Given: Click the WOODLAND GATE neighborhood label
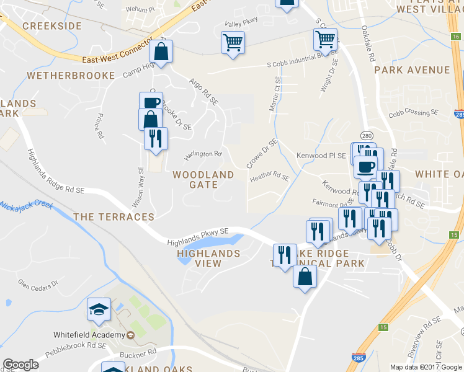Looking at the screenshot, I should click(x=203, y=180).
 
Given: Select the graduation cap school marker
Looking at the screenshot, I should click(x=98, y=310).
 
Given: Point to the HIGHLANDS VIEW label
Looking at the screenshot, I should click(x=208, y=258).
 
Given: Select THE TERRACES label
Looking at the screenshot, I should click(x=114, y=217).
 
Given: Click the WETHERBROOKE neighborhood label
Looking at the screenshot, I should click(x=71, y=76).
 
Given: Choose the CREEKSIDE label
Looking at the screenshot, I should click(x=52, y=25).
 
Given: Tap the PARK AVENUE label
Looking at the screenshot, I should click(x=412, y=70).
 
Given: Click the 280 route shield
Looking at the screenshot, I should click(x=366, y=136).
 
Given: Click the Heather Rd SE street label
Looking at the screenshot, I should click(x=269, y=177).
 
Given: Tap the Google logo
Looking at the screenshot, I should click(x=21, y=365).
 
